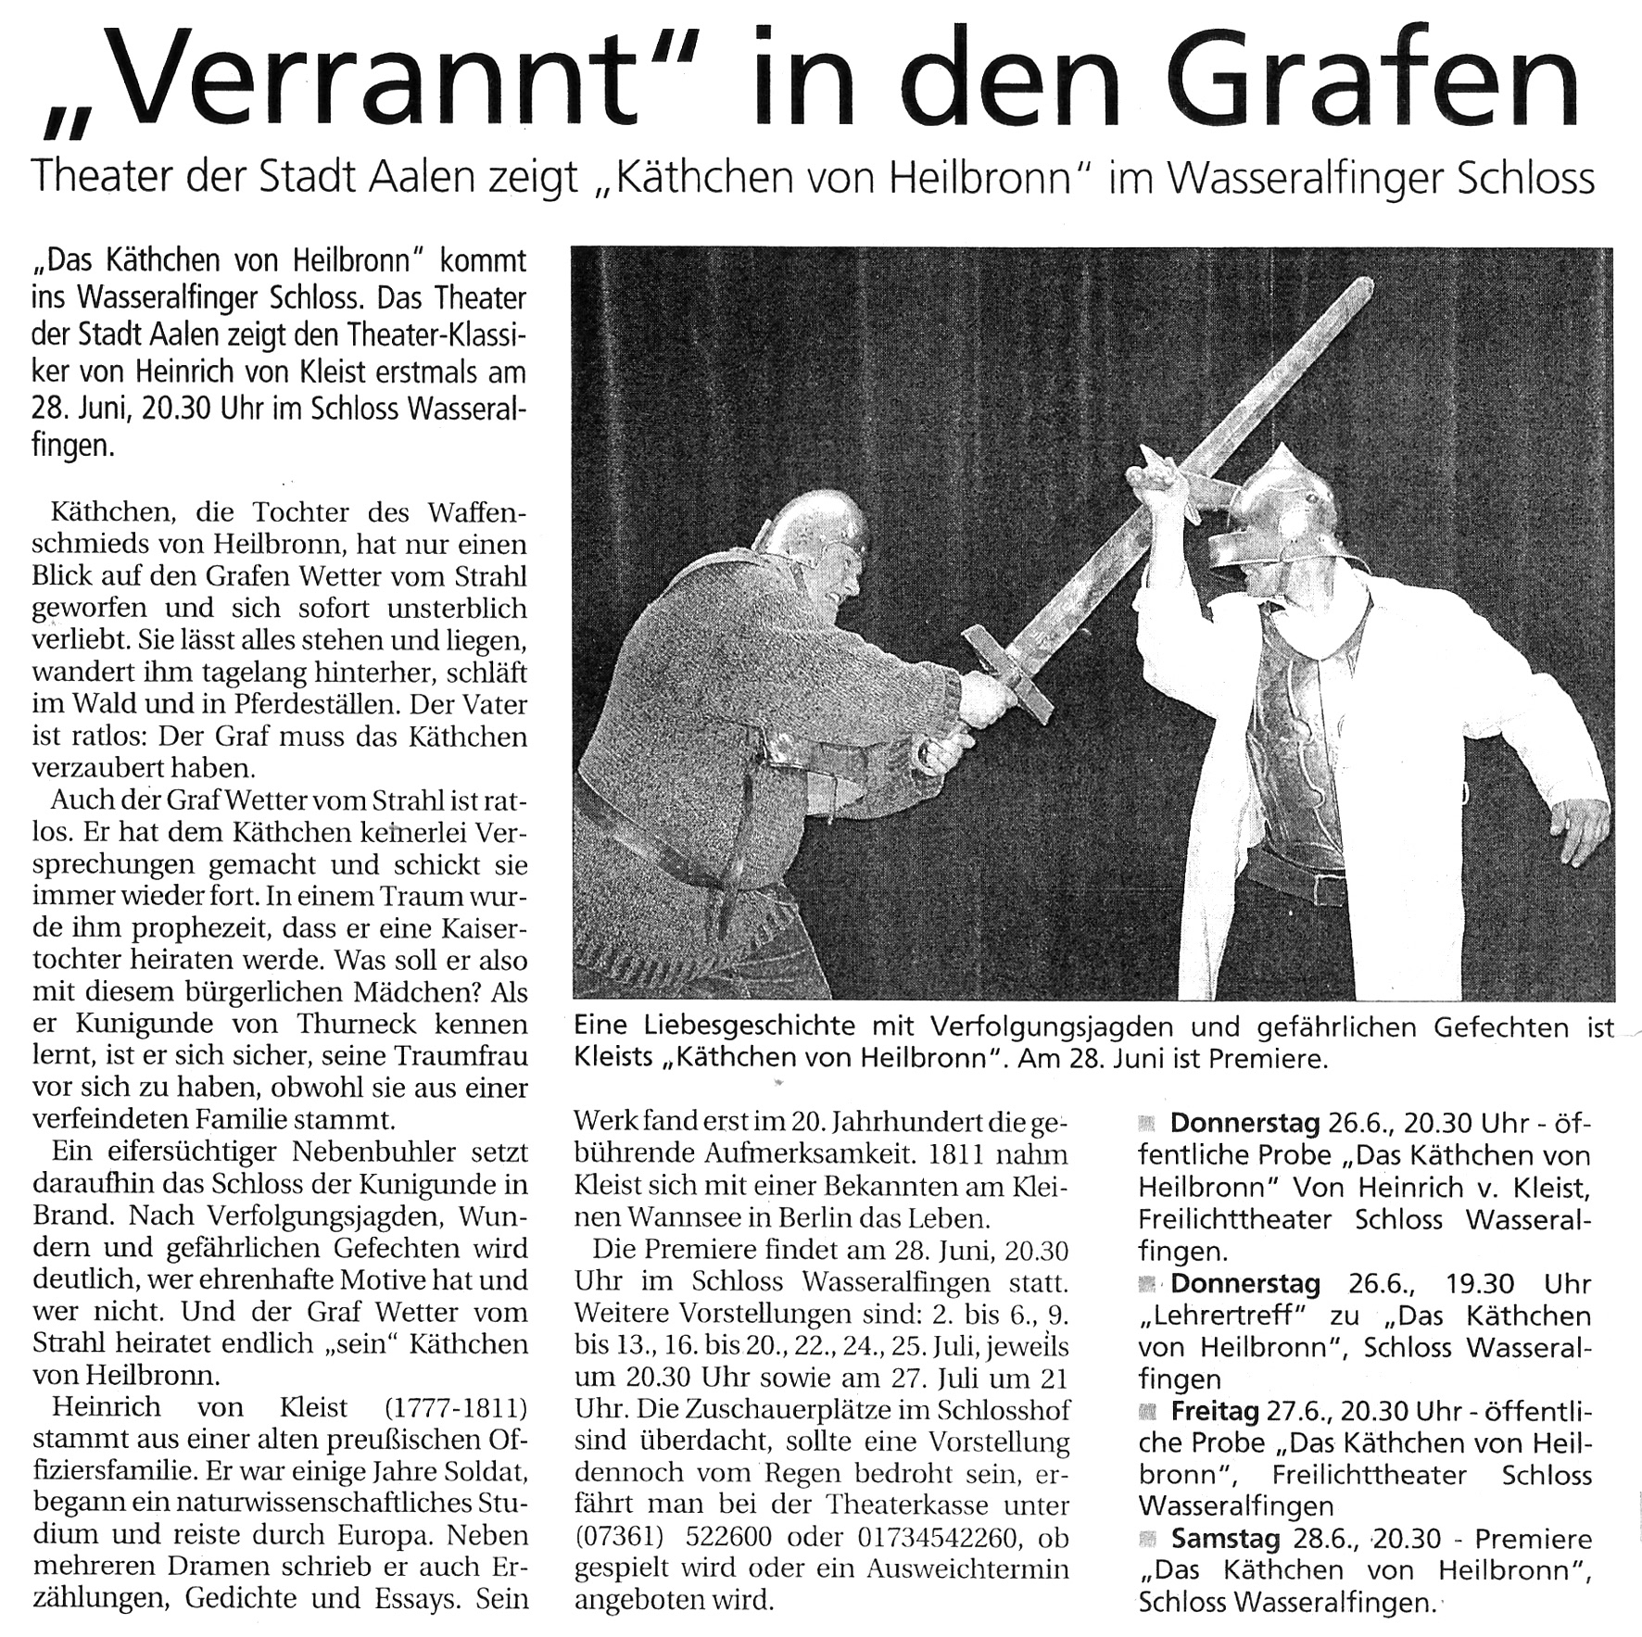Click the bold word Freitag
pyautogui.click(x=1214, y=1411)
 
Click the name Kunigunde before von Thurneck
pyautogui.click(x=144, y=1025)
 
